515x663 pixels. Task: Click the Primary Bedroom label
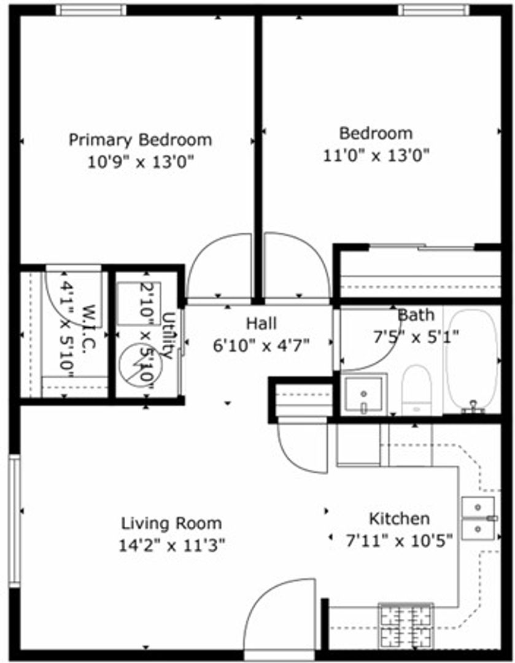pos(141,139)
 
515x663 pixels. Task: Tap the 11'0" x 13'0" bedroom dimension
pos(376,155)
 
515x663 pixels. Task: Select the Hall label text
pos(261,324)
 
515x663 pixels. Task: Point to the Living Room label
pos(172,524)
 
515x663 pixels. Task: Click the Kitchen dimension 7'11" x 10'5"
pos(399,540)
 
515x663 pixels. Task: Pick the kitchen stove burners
pos(406,626)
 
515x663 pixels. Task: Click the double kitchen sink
pos(478,518)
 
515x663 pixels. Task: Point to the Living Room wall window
pos(15,521)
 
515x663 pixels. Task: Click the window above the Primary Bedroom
pos(91,10)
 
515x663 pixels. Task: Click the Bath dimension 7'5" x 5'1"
pos(416,338)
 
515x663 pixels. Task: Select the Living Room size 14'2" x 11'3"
pos(172,545)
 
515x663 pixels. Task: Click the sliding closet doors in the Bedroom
pos(421,247)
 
